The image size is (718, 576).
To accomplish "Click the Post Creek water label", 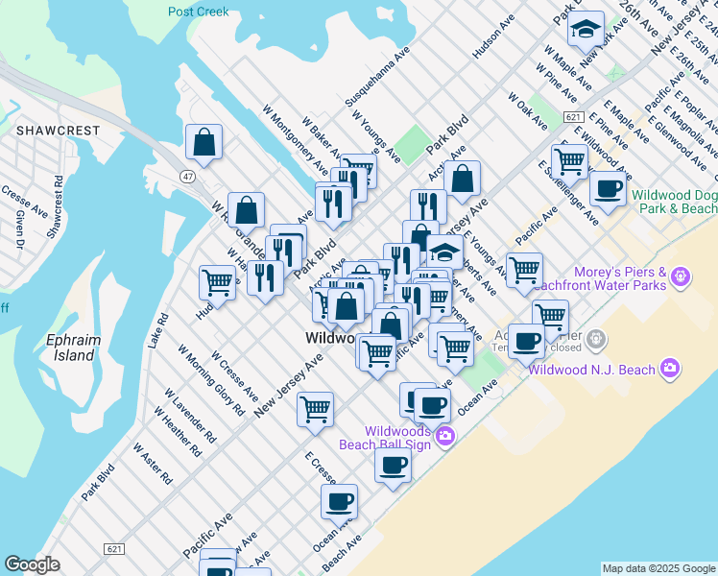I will click(x=199, y=12).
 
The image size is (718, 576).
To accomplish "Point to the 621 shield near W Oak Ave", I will click(x=574, y=116).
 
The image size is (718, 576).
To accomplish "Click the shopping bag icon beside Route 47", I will click(x=204, y=143).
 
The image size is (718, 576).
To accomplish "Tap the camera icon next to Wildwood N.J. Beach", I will click(x=670, y=369).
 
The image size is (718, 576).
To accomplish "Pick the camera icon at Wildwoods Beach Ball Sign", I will click(x=444, y=437).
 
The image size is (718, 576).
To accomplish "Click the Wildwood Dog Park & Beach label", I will click(x=675, y=201).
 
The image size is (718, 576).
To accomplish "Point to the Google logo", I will click(x=32, y=564).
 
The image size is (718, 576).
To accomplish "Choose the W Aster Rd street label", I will click(x=153, y=464).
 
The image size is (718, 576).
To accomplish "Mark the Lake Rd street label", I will click(x=159, y=327).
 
